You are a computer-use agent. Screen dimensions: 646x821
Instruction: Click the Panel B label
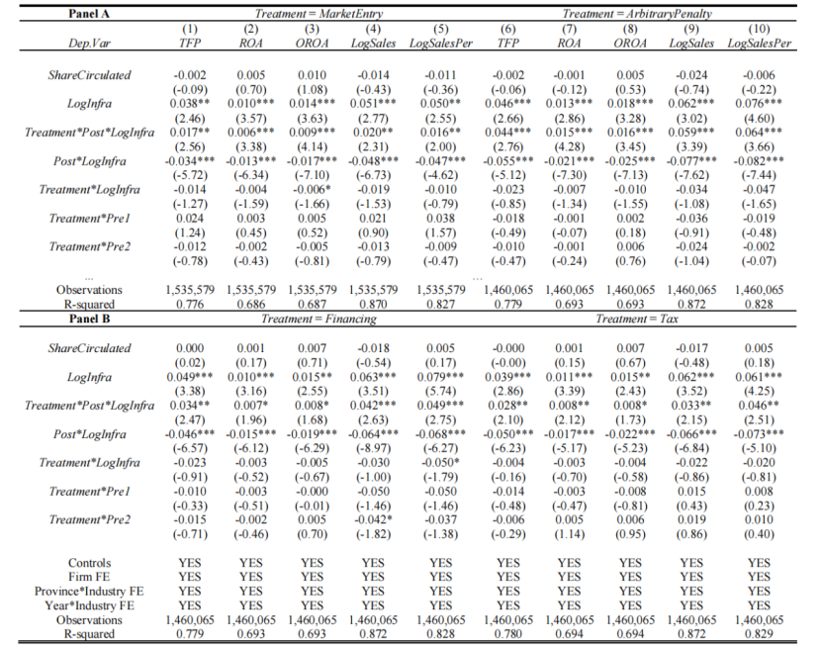(76, 320)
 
